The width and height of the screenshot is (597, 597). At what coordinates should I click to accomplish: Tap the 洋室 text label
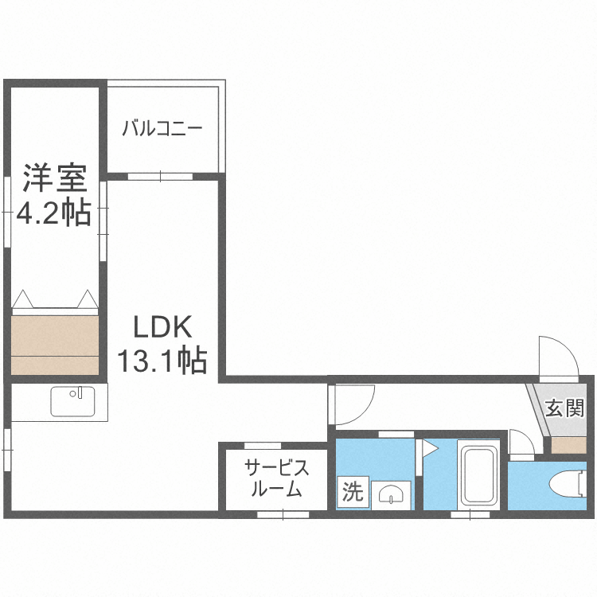pos(54,178)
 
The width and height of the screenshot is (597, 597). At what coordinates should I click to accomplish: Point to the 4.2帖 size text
pos(54,213)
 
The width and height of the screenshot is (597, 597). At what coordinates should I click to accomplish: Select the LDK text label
pos(162,326)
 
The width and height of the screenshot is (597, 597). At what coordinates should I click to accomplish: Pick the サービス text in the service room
pos(275,467)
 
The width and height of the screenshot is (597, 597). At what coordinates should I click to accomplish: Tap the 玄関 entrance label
pos(564,408)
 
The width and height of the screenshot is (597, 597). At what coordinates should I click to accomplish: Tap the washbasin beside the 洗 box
pos(392,494)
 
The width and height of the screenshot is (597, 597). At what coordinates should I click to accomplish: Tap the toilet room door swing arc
pos(521,444)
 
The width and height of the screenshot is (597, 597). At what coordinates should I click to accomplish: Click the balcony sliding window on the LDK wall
pos(159,176)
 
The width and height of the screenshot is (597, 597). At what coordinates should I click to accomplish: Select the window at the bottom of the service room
pos(283,514)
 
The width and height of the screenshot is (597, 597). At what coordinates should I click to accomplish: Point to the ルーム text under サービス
pos(275,489)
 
